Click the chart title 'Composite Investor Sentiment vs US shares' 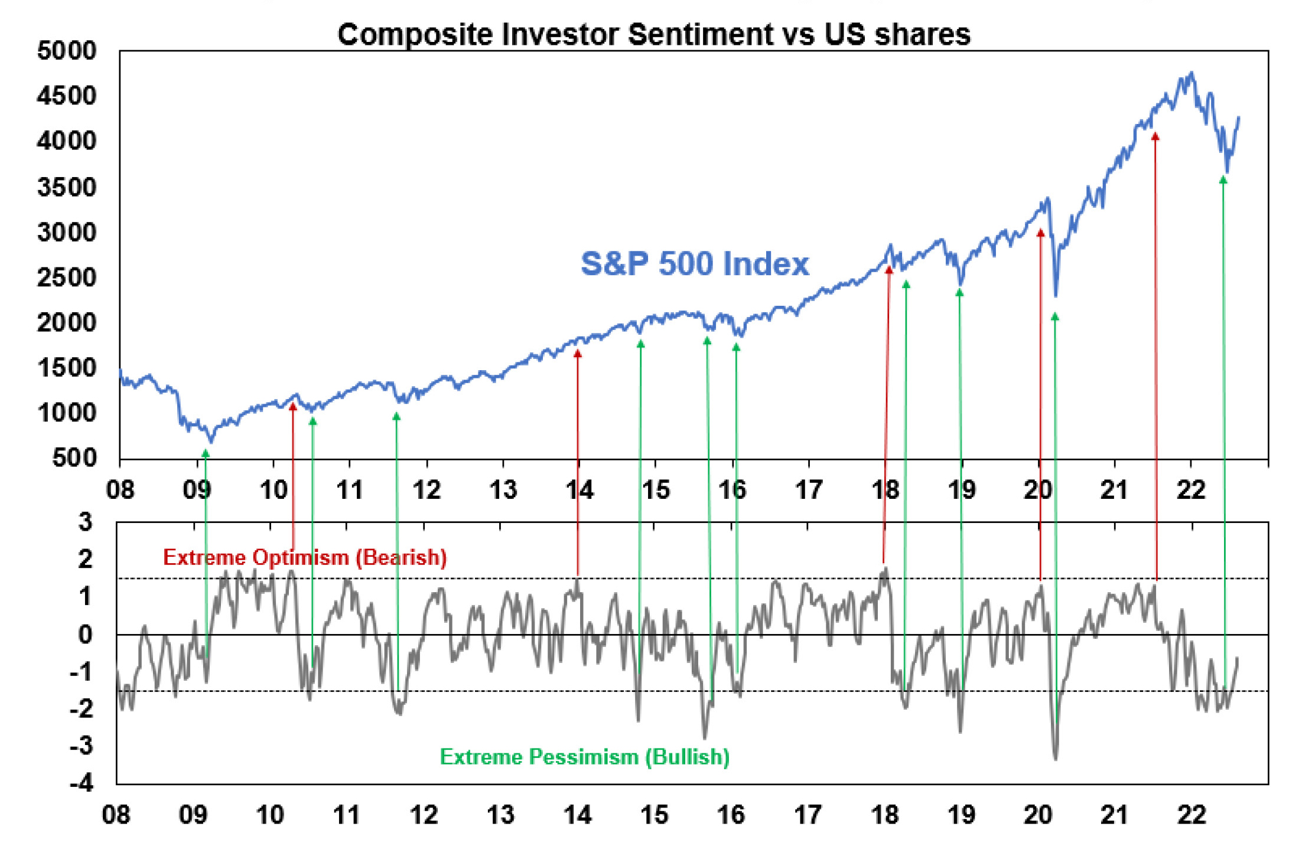tap(653, 34)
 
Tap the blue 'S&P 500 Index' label tap(695, 263)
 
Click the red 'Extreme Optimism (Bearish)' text tap(304, 557)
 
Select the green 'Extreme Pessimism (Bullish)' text tap(584, 757)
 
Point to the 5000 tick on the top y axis tap(66, 51)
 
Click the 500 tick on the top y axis tap(74, 458)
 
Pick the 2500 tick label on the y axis tap(66, 277)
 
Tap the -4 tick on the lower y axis tap(81, 783)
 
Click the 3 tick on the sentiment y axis tap(86, 522)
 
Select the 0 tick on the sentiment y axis tap(86, 635)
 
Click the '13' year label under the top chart tap(503, 490)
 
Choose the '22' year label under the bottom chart tap(1191, 815)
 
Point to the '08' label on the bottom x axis tap(116, 815)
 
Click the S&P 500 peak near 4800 tap(1192, 73)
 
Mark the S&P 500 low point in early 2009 tap(211, 441)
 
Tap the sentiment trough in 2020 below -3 tap(1056, 758)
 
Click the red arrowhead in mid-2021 tap(1155, 136)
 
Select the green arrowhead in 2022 tap(1223, 179)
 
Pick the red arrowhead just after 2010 tap(292, 406)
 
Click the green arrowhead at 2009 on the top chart tap(206, 453)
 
